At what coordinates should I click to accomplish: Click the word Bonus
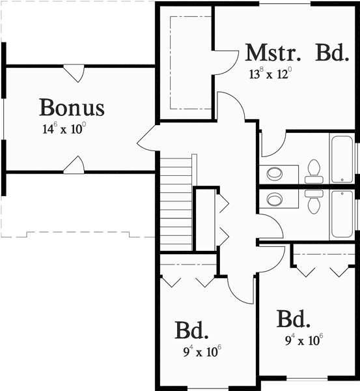pyautogui.click(x=72, y=106)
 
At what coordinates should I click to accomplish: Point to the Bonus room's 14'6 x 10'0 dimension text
pyautogui.click(x=64, y=129)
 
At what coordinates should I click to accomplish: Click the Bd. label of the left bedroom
pyautogui.click(x=191, y=331)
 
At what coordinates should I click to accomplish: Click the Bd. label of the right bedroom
pyautogui.click(x=293, y=319)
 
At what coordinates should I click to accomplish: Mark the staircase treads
pyautogui.click(x=176, y=203)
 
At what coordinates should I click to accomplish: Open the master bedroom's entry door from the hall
pyautogui.click(x=231, y=108)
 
